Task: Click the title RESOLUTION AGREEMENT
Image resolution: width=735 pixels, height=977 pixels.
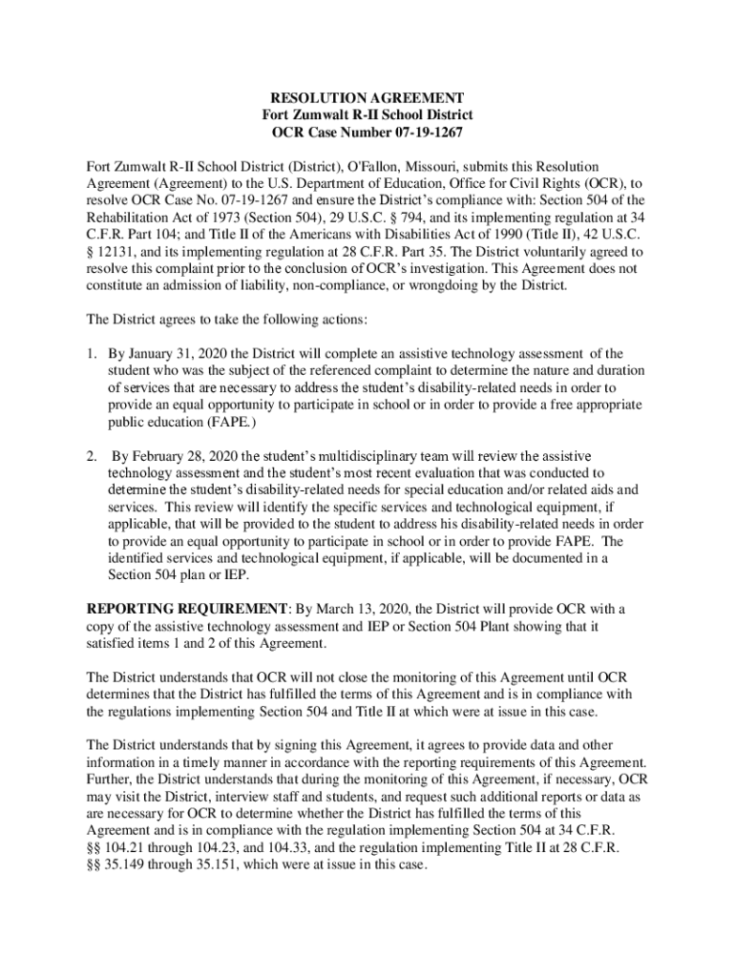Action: [367, 98]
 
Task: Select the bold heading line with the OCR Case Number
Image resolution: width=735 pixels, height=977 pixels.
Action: [367, 133]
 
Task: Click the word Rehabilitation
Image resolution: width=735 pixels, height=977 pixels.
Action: [131, 218]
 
